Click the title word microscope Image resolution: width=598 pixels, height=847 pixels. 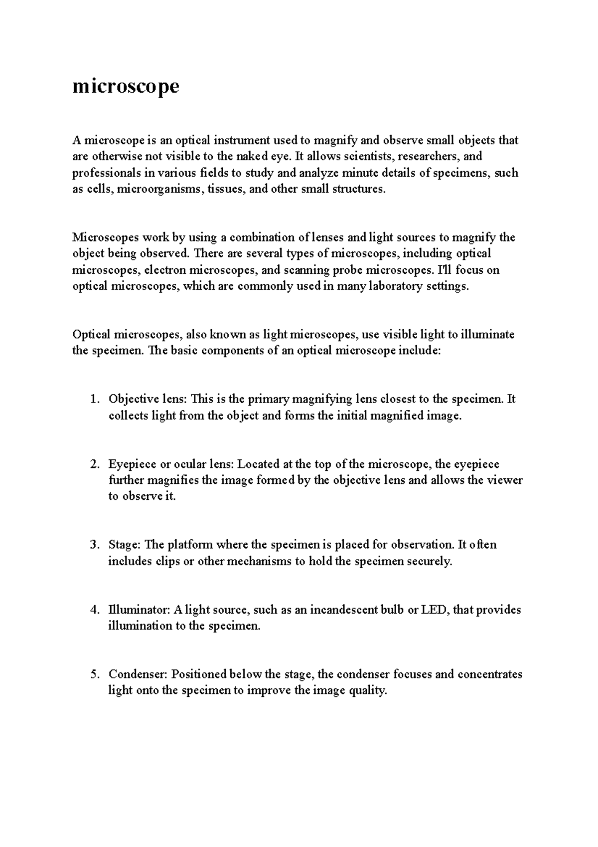(126, 87)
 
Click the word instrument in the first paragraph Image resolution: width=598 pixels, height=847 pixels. (242, 141)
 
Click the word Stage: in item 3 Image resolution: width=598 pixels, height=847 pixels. (125, 545)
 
